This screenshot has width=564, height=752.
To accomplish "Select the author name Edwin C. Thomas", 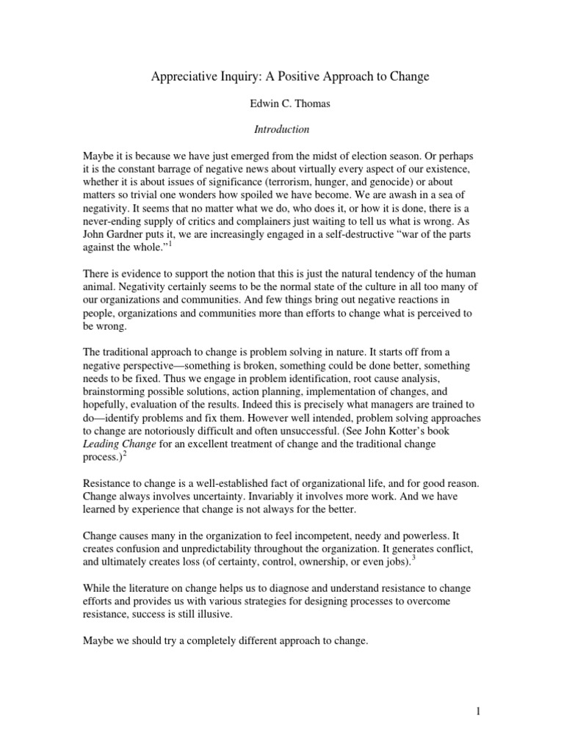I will (x=282, y=104).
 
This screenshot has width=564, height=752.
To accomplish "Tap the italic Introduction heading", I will (x=282, y=130).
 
